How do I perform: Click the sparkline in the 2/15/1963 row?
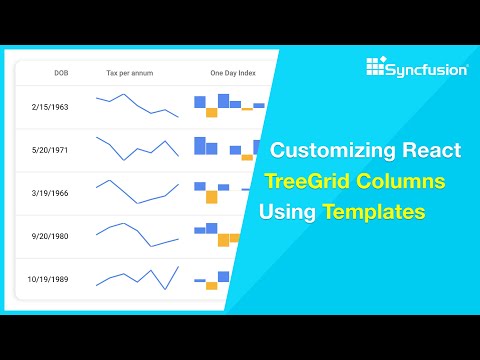tap(137, 105)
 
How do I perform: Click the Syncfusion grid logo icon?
tap(375, 67)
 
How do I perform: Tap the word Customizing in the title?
tap(335, 153)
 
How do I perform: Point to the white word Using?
tap(287, 212)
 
